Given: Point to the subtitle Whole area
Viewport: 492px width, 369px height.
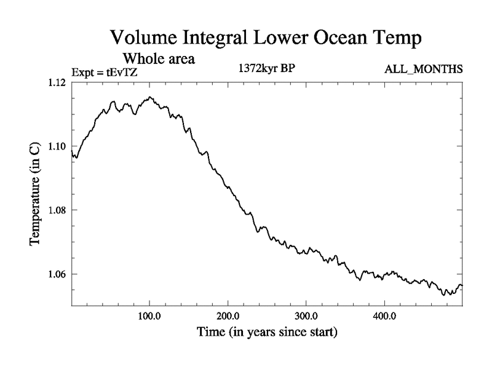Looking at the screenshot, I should click(x=159, y=59).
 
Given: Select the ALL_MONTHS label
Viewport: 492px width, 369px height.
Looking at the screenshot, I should click(x=423, y=69).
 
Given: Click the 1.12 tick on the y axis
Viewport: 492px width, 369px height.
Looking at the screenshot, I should click(x=58, y=82).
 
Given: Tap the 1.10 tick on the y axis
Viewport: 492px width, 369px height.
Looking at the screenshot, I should click(x=58, y=146).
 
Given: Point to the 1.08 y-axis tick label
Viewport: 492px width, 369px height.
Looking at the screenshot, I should click(x=58, y=210).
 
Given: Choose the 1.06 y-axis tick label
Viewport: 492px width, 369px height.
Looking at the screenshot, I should click(x=58, y=274).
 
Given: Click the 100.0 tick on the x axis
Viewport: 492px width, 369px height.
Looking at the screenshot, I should click(x=150, y=316).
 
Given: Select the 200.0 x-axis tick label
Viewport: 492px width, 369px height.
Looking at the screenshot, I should click(x=228, y=316).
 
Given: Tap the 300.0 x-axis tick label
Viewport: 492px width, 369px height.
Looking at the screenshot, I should click(x=306, y=316).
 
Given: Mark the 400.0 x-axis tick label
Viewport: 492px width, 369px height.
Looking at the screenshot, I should click(x=384, y=316).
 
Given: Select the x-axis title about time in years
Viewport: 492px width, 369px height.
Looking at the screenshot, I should click(x=267, y=333).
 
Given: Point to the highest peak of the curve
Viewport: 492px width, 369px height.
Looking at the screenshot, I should click(x=150, y=97).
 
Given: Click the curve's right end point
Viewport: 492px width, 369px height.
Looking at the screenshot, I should click(x=462, y=286).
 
